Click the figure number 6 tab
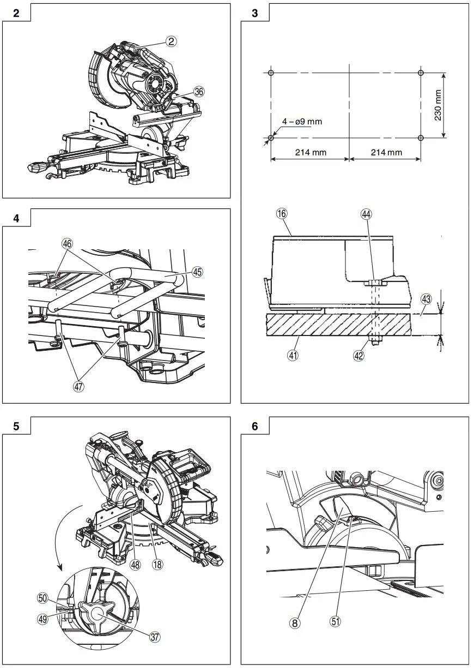click(x=255, y=426)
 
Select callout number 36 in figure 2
click(x=199, y=92)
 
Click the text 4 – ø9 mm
click(x=302, y=122)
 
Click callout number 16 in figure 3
click(x=282, y=214)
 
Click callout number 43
click(x=426, y=299)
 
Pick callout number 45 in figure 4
click(x=197, y=271)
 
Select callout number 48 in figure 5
click(x=135, y=565)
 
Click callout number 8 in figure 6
click(x=295, y=621)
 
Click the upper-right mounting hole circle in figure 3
click(x=420, y=73)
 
